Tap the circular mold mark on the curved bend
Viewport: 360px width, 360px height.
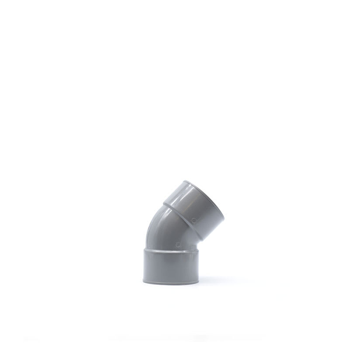tap(177, 245)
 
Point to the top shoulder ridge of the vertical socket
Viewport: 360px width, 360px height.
tap(171, 250)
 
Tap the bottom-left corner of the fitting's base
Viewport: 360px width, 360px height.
tap(143, 281)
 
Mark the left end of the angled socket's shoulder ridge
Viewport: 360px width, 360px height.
tap(164, 204)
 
